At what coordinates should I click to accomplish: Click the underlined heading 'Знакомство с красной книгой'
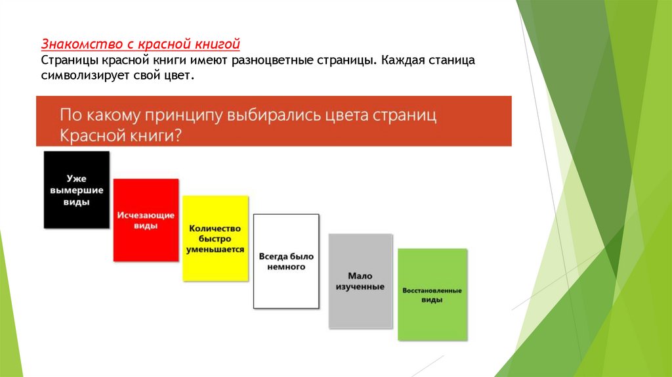(x=141, y=44)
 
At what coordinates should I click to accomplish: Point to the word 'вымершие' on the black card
(x=76, y=190)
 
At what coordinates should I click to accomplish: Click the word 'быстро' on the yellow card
(x=215, y=239)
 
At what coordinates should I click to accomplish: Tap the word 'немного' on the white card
(x=286, y=267)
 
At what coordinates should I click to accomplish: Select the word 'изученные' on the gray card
(x=360, y=287)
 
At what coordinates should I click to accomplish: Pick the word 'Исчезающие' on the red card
(x=146, y=215)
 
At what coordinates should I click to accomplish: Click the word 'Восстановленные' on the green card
(x=432, y=290)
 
